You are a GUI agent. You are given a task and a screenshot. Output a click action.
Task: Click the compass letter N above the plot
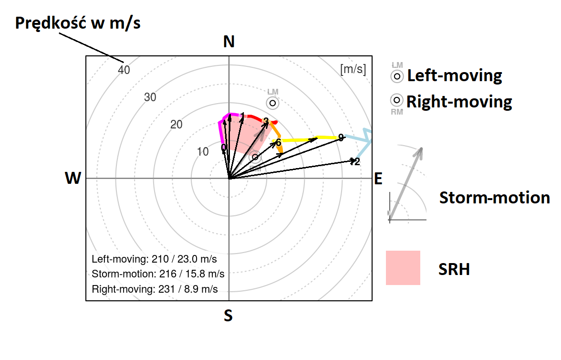tap(229, 42)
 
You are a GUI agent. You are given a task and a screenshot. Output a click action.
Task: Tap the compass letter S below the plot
tap(229, 315)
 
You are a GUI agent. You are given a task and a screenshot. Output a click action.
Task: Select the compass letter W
tap(73, 179)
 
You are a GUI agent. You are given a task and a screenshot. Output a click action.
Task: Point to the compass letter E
tap(378, 179)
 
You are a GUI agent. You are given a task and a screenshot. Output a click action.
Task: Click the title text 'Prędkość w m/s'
tap(78, 23)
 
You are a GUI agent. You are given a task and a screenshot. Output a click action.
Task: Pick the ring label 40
tap(124, 70)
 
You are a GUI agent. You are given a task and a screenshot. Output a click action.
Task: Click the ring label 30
tap(150, 97)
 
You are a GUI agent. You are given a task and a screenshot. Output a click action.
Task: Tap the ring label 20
tap(177, 125)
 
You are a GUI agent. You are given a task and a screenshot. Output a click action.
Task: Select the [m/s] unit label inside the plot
tap(353, 69)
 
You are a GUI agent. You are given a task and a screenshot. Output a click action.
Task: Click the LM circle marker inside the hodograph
tap(272, 103)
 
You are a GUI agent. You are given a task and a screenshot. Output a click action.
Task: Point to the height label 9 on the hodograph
tap(341, 138)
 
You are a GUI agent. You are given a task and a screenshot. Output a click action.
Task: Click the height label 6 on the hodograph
tap(279, 142)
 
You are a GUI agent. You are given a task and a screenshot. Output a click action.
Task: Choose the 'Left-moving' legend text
tap(454, 75)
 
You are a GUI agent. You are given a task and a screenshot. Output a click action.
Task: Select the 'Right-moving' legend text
tap(459, 101)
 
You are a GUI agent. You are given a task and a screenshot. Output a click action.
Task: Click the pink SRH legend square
tap(403, 268)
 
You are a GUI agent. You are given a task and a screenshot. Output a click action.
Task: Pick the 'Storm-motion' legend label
tap(495, 197)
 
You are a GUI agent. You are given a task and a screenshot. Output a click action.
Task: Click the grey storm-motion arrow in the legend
tap(406, 184)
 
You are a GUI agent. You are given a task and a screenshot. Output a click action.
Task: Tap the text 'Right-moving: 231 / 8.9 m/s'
tap(155, 289)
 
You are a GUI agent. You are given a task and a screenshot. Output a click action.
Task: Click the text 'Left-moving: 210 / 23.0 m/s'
tap(154, 260)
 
